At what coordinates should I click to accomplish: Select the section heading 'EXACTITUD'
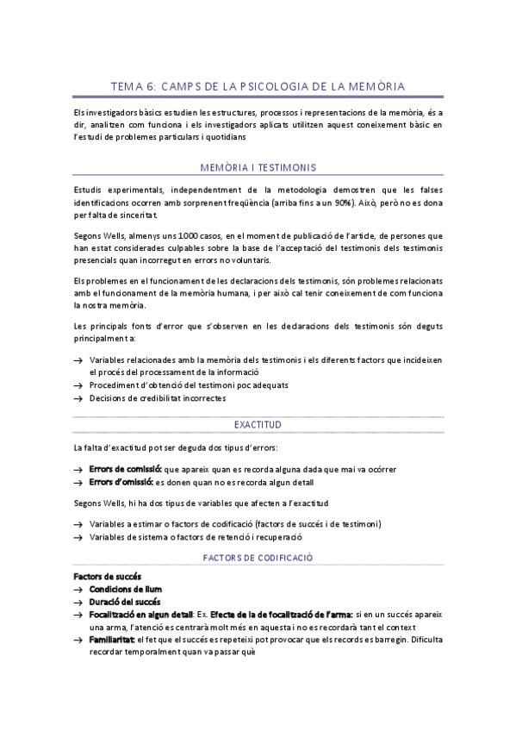[258, 425]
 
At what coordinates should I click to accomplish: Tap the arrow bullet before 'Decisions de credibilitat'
[78, 398]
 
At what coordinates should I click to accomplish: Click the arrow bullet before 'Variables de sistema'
[78, 537]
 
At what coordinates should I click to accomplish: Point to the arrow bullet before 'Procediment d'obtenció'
[78, 385]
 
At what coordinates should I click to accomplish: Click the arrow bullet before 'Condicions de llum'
[78, 589]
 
